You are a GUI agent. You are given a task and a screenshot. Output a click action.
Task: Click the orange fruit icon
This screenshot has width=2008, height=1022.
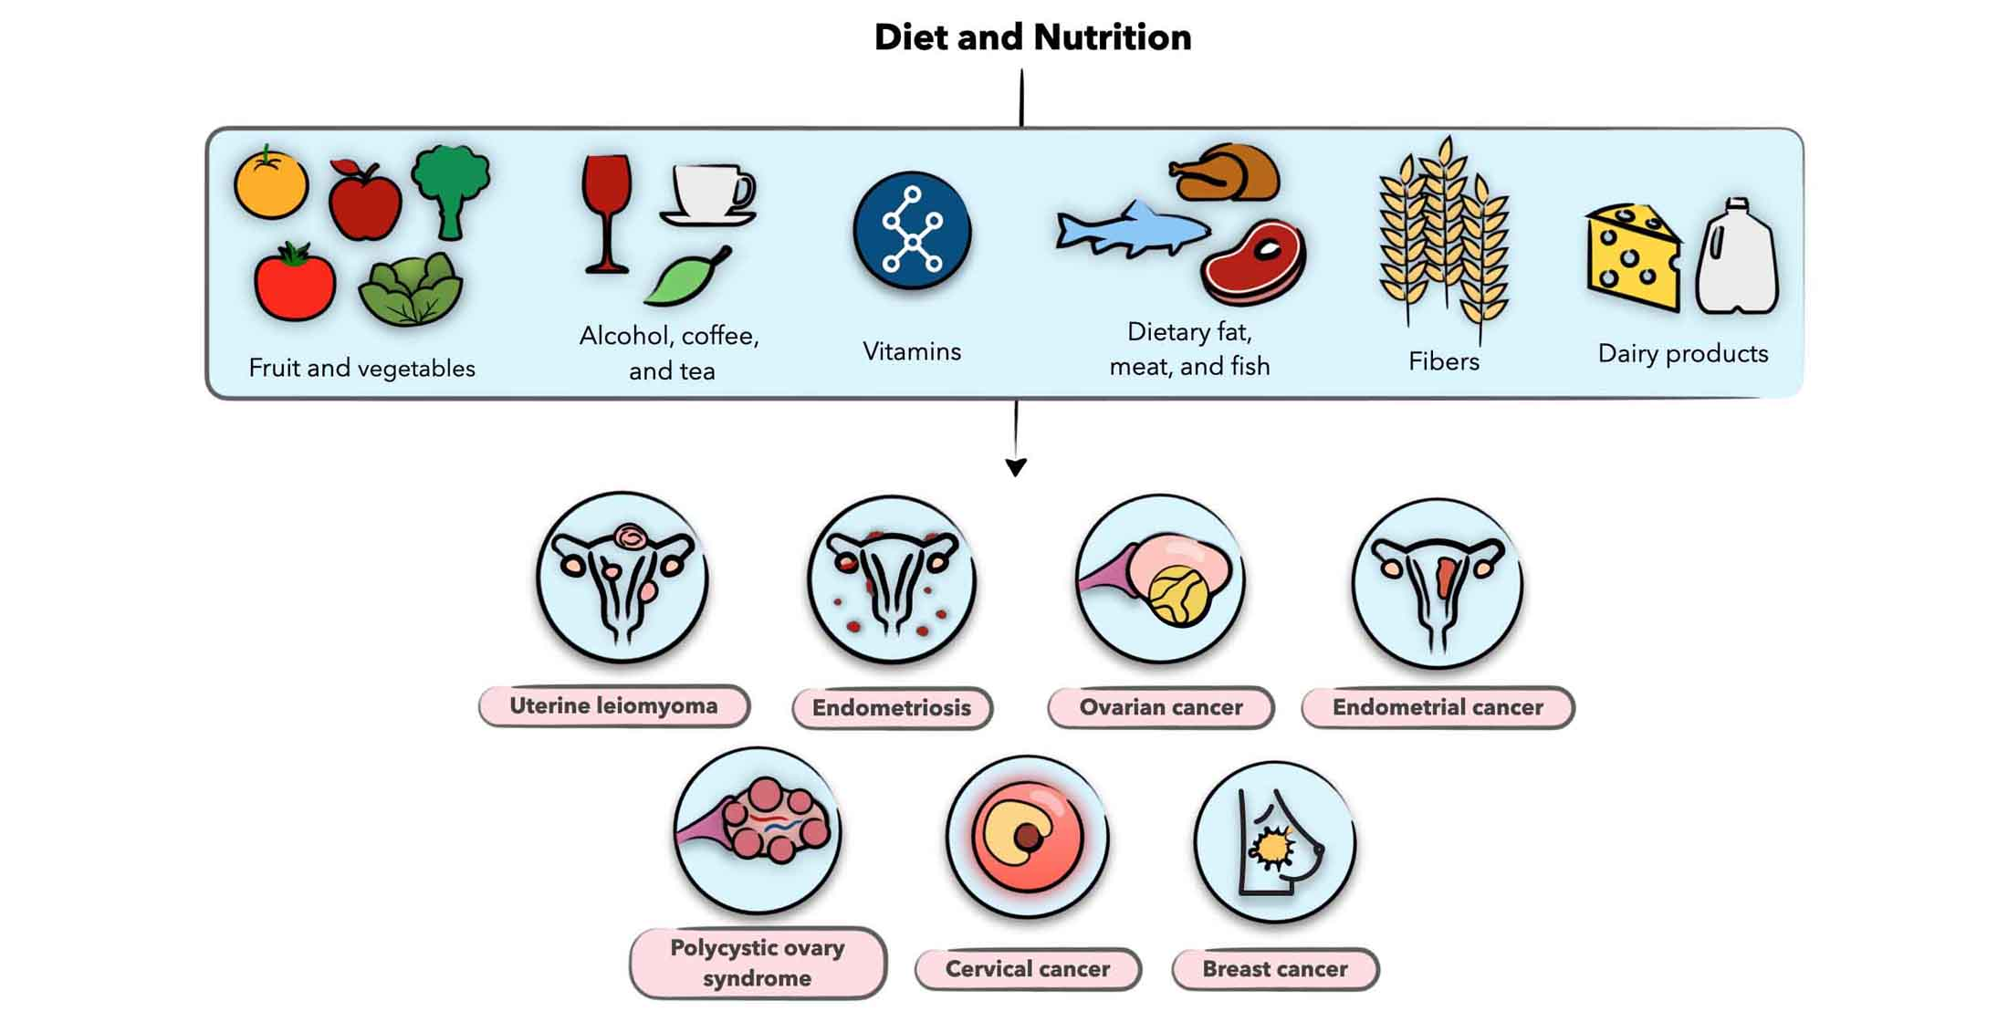coord(271,184)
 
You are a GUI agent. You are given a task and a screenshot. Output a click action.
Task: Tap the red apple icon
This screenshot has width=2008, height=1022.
coord(364,202)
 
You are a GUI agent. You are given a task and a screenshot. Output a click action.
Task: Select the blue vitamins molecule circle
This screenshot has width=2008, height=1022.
coord(912,231)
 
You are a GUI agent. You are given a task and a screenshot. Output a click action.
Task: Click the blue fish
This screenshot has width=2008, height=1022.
coord(1132,230)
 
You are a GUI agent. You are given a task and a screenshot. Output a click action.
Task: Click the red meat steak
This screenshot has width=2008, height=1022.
coord(1254,262)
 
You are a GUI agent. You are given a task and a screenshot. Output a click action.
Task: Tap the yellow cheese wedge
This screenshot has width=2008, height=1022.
coord(1633,256)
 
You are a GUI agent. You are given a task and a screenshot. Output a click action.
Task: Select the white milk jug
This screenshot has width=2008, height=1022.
coord(1737,259)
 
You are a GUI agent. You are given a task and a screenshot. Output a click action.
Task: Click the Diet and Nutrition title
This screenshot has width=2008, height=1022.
coord(1032,37)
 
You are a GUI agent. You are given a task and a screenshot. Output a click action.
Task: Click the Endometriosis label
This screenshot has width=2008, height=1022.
coord(892,708)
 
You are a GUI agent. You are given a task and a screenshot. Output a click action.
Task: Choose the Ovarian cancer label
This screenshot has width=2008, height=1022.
coord(1160,707)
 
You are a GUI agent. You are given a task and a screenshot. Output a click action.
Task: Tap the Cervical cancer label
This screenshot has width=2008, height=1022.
coord(1028,969)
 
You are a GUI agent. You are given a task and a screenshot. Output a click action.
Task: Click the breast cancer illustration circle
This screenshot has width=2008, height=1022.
coord(1275,842)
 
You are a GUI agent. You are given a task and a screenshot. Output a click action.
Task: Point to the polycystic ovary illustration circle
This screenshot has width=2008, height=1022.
coord(758,830)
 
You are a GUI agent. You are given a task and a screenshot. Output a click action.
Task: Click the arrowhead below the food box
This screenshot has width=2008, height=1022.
coord(1016,467)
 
